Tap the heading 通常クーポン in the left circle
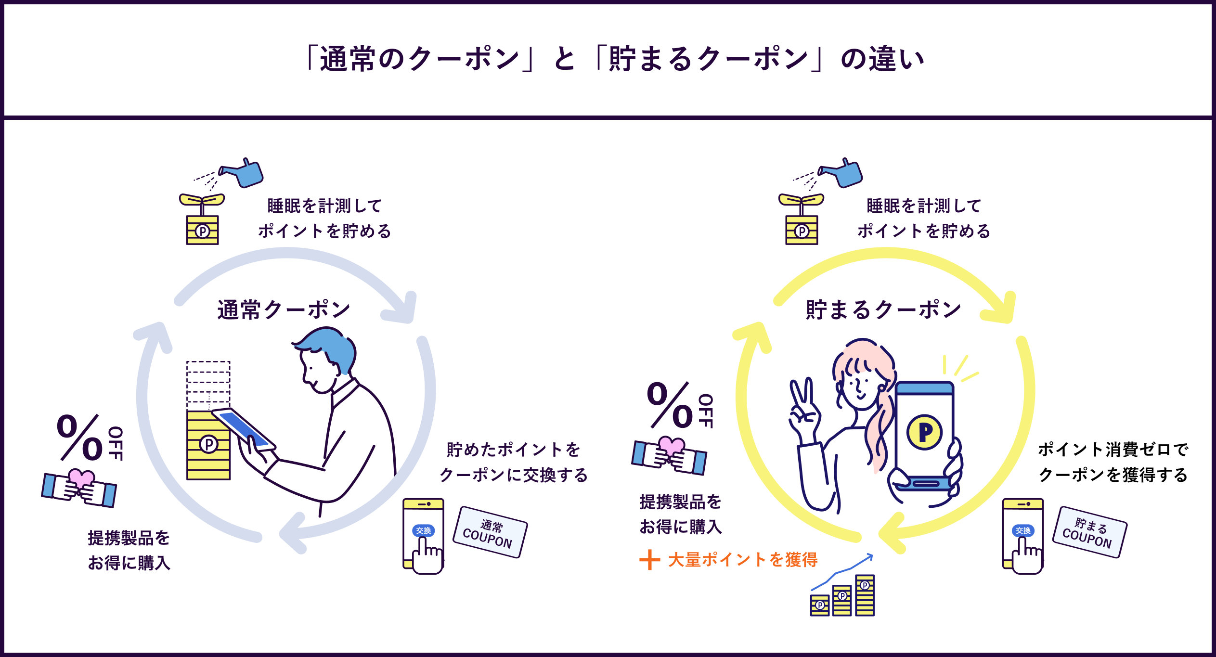284,309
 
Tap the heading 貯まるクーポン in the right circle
883,309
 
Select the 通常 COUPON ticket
490,532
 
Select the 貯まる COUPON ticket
1089,532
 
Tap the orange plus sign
649,560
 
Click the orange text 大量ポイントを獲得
743,560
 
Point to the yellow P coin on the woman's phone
924,432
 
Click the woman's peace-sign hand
803,407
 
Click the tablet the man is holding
244,428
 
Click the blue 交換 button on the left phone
423,530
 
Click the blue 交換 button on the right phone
1023,530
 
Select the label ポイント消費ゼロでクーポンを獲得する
1113,462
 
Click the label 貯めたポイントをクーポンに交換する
514,462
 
